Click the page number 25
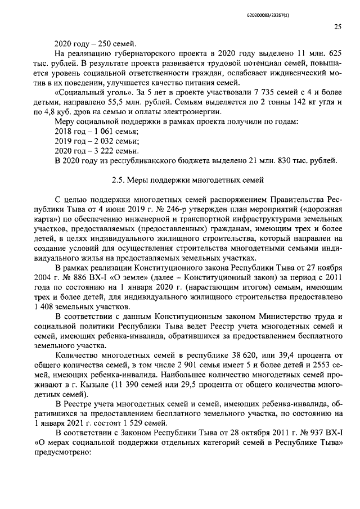point(337,26)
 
